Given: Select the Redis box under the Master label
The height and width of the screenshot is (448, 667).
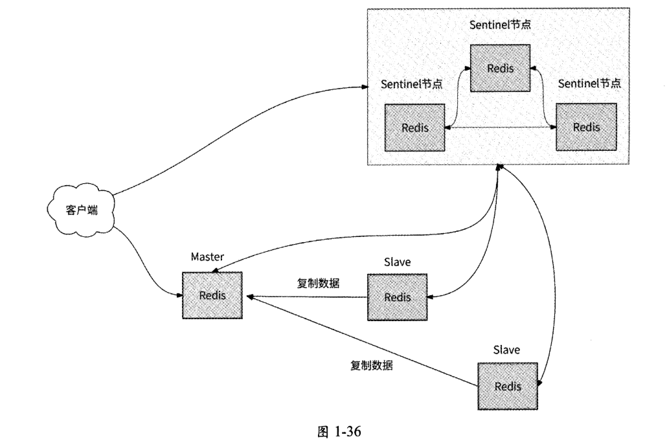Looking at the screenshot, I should [212, 295].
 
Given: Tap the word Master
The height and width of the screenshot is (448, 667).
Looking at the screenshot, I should [207, 257].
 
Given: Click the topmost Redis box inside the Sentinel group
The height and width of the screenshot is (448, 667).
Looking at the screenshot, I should [500, 69].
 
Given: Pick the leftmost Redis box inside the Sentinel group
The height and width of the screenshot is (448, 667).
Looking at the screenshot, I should [414, 128].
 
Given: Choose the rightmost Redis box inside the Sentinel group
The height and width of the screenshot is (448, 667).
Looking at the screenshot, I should [587, 127].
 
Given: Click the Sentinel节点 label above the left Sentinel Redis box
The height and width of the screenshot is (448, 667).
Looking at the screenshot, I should [412, 84].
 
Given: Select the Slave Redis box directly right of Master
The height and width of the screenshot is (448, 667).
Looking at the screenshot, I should [397, 297].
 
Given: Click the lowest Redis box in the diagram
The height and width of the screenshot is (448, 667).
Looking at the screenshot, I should [508, 386].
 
